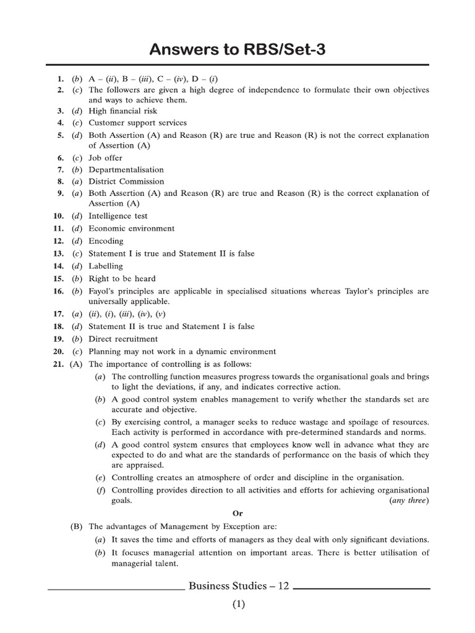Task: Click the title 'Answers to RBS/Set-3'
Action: pyautogui.click(x=238, y=50)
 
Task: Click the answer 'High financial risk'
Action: pyautogui.click(x=122, y=111)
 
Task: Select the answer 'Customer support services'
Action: pyautogui.click(x=137, y=123)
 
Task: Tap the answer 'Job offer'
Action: pyautogui.click(x=105, y=158)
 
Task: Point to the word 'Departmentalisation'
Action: pyautogui.click(x=126, y=170)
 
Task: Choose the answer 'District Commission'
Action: pyautogui.click(x=126, y=182)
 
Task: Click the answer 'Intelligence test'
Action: pyautogui.click(x=118, y=216)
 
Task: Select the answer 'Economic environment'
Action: pyautogui.click(x=131, y=229)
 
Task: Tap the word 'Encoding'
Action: pyautogui.click(x=106, y=241)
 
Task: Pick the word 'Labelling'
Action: pyautogui.click(x=106, y=266)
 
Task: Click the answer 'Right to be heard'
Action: pyautogui.click(x=122, y=279)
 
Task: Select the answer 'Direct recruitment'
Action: pyautogui.click(x=123, y=339)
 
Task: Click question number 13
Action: pyautogui.click(x=58, y=254)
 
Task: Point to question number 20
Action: pyautogui.click(x=58, y=352)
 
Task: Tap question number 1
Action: pyautogui.click(x=60, y=80)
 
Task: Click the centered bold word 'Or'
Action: pyautogui.click(x=237, y=514)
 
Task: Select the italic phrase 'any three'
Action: pyautogui.click(x=409, y=501)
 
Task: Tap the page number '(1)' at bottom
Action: pyautogui.click(x=239, y=605)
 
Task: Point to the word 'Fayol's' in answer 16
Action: pyautogui.click(x=101, y=291)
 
